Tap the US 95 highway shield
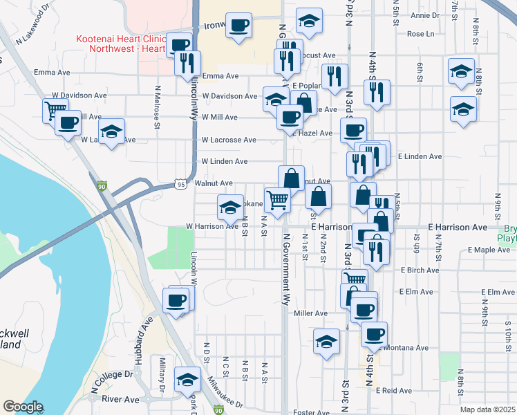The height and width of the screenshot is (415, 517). click(x=181, y=185)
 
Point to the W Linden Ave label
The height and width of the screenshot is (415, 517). click(x=224, y=161)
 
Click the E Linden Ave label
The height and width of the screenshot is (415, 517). click(x=420, y=156)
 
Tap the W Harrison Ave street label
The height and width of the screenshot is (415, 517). click(x=211, y=226)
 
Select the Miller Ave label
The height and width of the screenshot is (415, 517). click(x=310, y=313)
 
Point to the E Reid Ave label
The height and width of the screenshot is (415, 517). click(x=394, y=391)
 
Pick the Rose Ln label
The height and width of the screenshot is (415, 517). click(x=420, y=33)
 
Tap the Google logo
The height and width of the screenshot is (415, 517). click(x=23, y=407)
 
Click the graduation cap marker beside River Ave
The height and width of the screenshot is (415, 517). click(x=187, y=380)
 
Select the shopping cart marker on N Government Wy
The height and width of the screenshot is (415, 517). click(x=277, y=201)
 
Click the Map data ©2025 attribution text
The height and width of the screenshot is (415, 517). click(x=488, y=409)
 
